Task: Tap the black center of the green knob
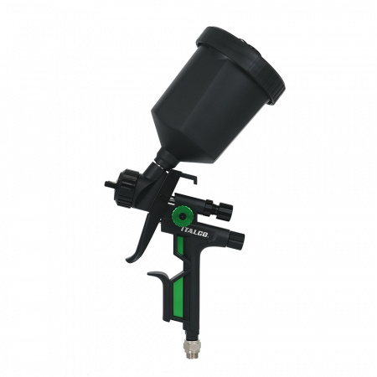point(183,216)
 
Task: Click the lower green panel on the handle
point(178,299)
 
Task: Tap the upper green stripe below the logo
point(180,245)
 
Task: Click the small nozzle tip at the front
point(108,183)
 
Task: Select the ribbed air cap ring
point(124,188)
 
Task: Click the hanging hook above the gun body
point(187,177)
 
